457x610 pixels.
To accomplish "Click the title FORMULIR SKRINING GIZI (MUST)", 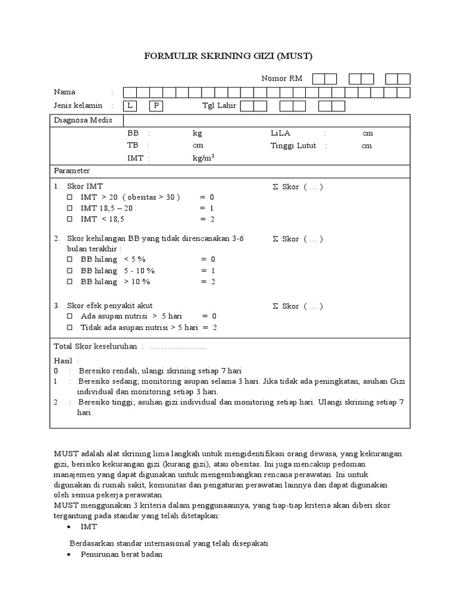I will [x=228, y=57].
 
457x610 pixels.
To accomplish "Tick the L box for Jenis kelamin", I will [x=129, y=106].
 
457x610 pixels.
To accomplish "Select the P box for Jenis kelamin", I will [x=155, y=106].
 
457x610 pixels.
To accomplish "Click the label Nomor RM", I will [x=282, y=79].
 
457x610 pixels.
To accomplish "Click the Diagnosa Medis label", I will [x=79, y=120].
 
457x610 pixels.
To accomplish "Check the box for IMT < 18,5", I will [x=69, y=219].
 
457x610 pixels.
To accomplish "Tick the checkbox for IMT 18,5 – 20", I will [x=69, y=208].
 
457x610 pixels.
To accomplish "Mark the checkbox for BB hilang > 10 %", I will [x=69, y=281].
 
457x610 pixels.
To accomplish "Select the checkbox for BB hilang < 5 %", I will [x=69, y=259].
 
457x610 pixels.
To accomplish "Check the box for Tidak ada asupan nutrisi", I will [x=69, y=328].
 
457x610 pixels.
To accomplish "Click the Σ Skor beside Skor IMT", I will [x=297, y=186].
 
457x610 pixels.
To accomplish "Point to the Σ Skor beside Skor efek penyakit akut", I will [x=297, y=306].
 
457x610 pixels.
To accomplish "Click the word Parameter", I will [x=72, y=170].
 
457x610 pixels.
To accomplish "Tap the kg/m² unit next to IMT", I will [x=203, y=158].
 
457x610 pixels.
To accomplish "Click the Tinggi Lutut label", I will [x=293, y=145].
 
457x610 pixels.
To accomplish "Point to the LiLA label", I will [x=280, y=133].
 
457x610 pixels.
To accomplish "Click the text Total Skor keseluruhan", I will [x=96, y=346].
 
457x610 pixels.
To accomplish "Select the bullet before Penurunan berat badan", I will [x=70, y=554].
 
